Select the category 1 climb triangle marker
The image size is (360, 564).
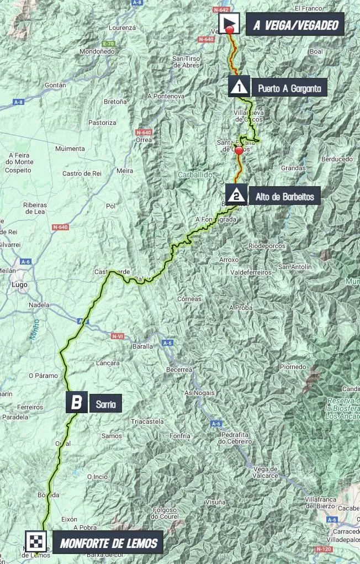239,87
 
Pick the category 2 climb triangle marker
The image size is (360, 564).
236,194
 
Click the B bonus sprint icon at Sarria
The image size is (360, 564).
76,402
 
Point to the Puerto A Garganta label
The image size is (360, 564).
289,87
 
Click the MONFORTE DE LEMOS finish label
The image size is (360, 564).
108,543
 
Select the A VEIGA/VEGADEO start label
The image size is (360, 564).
295,25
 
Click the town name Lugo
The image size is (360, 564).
19,285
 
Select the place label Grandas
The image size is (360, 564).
293,168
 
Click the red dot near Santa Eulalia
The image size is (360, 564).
239,150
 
